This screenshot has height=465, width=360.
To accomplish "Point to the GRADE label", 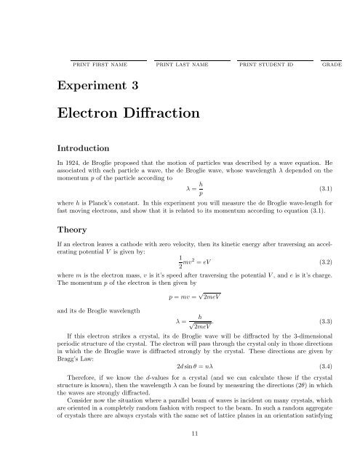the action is tap(331, 65).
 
